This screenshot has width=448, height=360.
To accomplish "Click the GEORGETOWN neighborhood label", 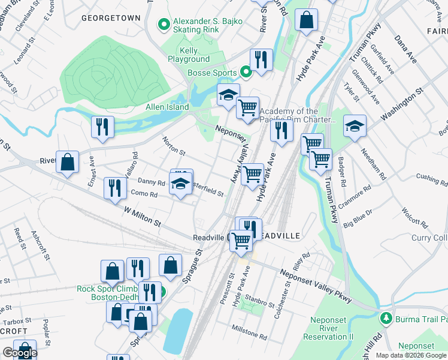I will [115, 19].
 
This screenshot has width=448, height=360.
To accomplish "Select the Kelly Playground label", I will [189, 56].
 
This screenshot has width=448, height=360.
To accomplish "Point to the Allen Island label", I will [167, 107].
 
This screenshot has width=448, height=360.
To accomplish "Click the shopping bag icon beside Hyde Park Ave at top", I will [307, 20].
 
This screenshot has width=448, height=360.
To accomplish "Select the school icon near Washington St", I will [355, 126].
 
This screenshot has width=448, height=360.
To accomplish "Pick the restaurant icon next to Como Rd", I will [111, 188].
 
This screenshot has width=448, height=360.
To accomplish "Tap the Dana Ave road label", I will [405, 49].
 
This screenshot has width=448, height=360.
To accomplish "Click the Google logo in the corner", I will [19, 353].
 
